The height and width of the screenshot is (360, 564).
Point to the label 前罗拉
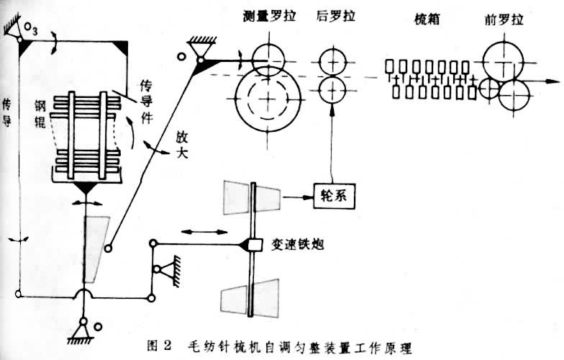pos(503,16)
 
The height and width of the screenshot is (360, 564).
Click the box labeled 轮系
pos(335,194)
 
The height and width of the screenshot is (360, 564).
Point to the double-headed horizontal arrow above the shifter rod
pos(196,232)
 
